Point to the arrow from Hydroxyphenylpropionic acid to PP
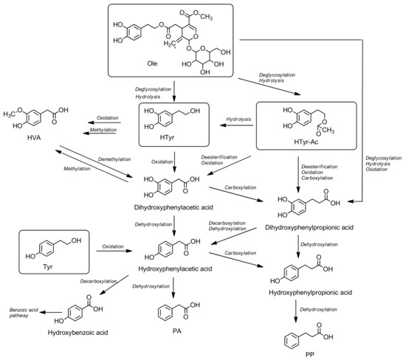click(298, 311)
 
